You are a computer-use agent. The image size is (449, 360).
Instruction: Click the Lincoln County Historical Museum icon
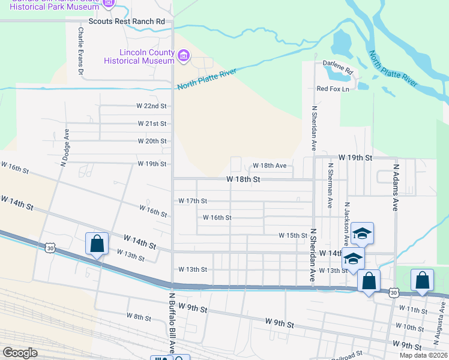(x=184, y=58)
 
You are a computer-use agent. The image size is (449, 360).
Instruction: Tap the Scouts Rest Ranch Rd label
(x=126, y=21)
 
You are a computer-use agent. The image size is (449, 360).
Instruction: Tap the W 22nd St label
(x=151, y=106)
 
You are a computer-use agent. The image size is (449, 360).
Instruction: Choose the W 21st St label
(x=151, y=124)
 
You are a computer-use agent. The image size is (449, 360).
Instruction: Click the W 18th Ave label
(x=270, y=165)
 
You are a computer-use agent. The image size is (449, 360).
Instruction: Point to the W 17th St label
(x=192, y=201)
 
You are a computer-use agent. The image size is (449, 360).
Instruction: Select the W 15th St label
(x=293, y=236)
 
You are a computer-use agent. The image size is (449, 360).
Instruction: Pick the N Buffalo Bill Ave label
(x=172, y=322)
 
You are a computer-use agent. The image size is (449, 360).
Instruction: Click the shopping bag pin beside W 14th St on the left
(x=97, y=244)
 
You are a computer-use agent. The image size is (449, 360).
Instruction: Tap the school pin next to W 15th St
(x=363, y=233)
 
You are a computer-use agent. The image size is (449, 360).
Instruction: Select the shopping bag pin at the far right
(x=422, y=281)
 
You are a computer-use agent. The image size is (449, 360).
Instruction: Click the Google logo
(x=20, y=353)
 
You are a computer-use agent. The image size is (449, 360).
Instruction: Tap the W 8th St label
(x=139, y=316)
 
